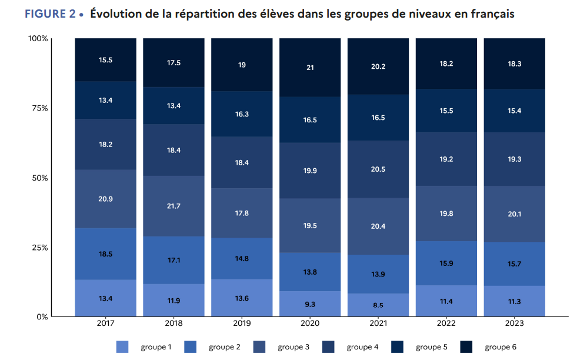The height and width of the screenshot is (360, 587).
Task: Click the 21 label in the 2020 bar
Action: click(310, 68)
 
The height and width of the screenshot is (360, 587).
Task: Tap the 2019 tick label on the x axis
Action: click(242, 324)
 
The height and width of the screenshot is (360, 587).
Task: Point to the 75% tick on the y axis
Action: click(38, 108)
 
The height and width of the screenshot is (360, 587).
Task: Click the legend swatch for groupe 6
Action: click(466, 347)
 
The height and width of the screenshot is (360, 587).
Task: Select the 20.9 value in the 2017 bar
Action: click(106, 199)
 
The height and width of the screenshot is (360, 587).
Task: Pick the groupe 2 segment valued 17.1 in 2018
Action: click(174, 260)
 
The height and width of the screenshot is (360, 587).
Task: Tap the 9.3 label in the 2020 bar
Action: click(310, 304)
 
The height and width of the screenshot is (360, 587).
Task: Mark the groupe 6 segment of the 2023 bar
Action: click(514, 64)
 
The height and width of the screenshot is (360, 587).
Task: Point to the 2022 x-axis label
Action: click(446, 324)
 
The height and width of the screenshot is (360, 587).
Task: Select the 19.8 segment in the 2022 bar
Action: click(446, 214)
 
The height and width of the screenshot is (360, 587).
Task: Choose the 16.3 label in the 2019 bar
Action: click(242, 115)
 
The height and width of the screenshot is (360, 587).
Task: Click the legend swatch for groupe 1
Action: click(122, 347)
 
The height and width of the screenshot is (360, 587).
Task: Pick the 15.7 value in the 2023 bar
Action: click(514, 264)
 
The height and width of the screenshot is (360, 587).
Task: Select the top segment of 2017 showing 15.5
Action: click(106, 60)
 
